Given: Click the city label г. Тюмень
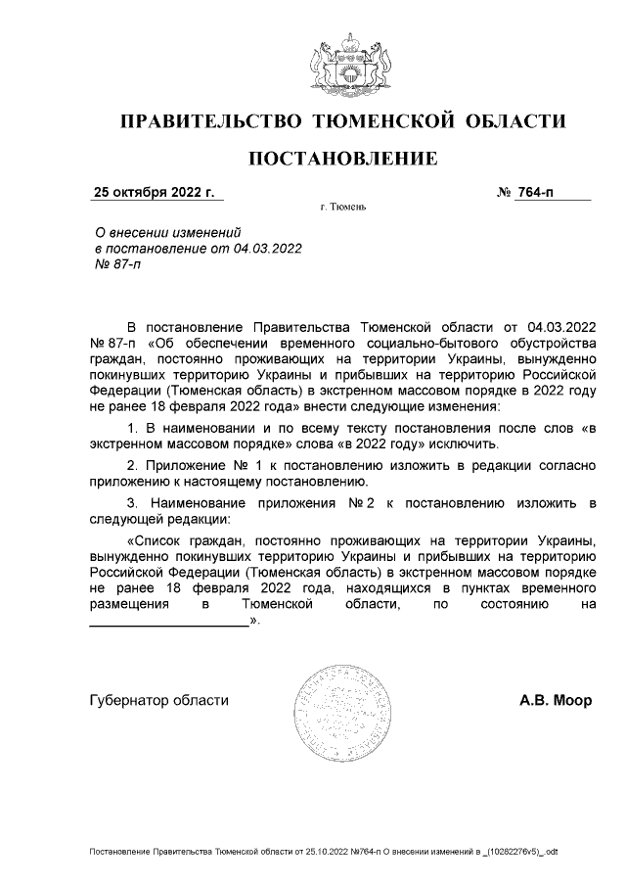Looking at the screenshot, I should click(x=342, y=209).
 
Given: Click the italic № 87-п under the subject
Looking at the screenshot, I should click(x=115, y=264).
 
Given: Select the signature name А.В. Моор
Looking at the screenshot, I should click(x=555, y=700).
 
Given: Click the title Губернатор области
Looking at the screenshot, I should click(x=159, y=700).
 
